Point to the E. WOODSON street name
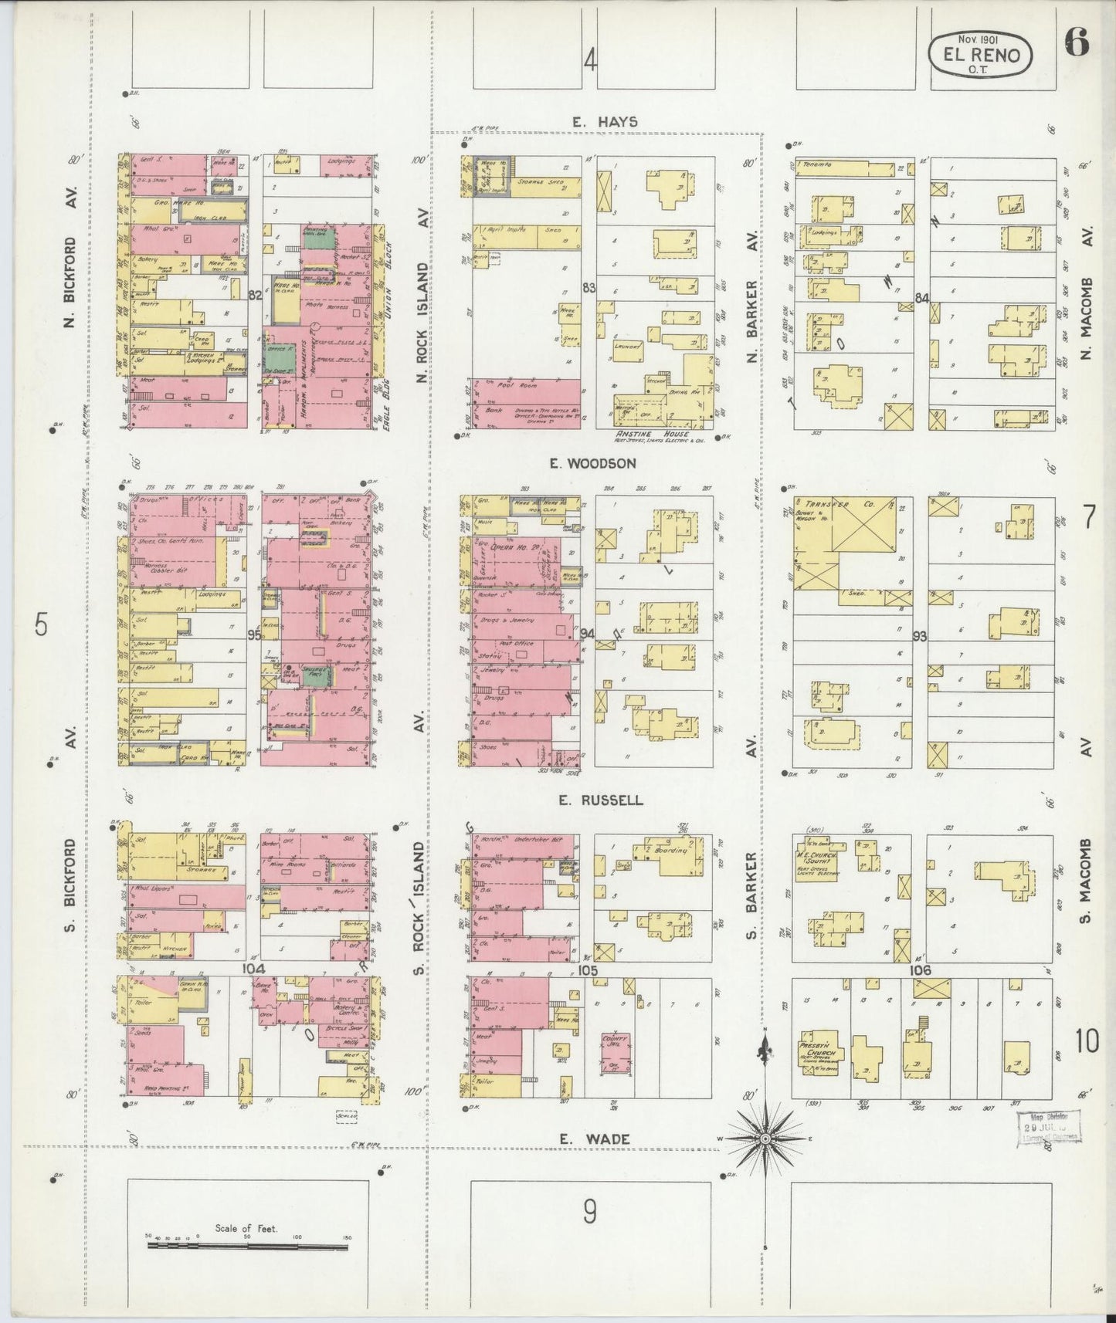click(x=592, y=463)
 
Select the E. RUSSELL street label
click(x=601, y=800)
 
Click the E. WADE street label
click(x=595, y=1139)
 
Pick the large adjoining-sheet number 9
click(x=590, y=1213)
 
